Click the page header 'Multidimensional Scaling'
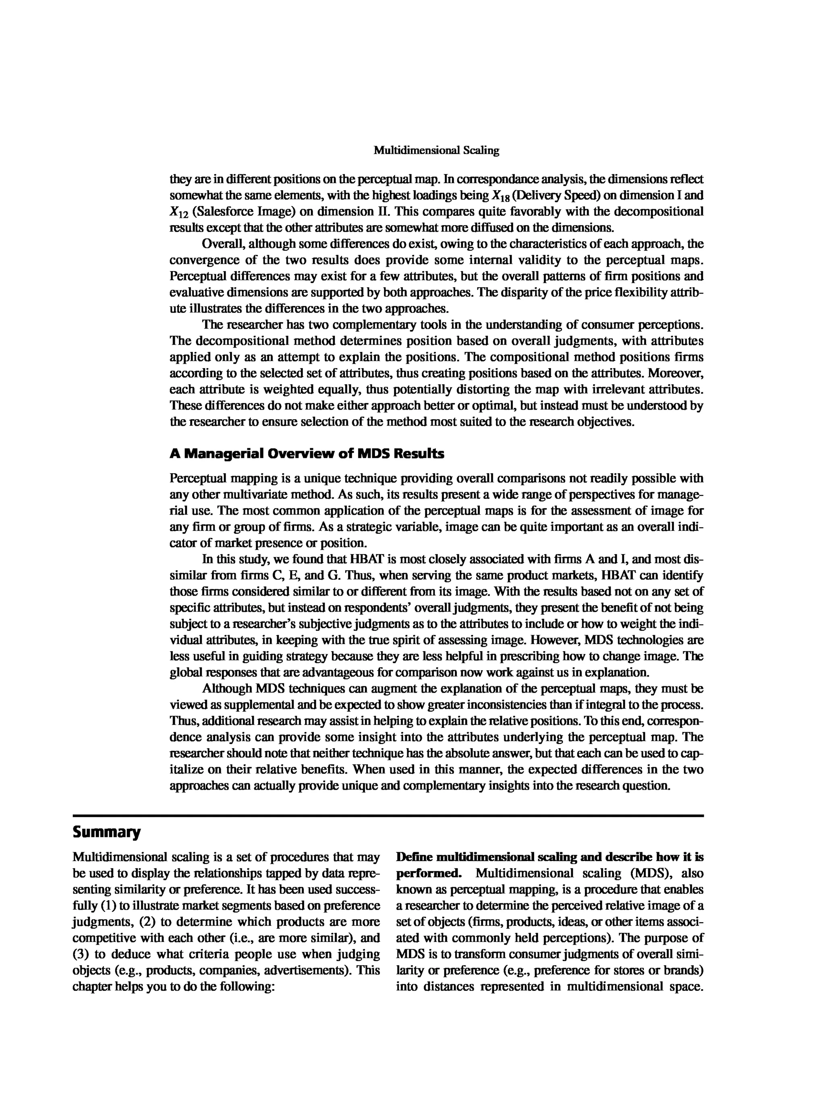[437, 150]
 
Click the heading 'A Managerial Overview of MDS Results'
[307, 454]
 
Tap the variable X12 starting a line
[179, 212]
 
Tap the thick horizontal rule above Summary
[388, 816]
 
